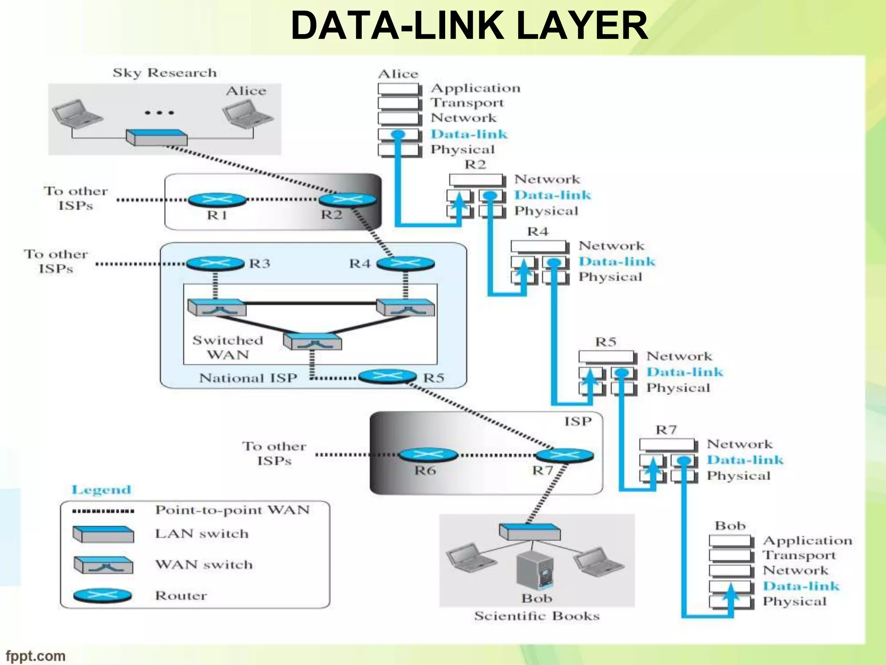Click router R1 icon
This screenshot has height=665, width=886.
pos(217,200)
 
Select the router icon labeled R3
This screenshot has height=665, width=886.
pos(215,264)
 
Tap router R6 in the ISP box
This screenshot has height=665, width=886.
pos(427,455)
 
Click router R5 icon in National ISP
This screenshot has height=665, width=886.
pos(387,376)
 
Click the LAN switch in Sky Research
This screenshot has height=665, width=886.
pos(157,138)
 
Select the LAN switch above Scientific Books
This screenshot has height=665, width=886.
pos(530,532)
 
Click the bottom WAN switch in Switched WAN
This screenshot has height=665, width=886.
pos(312,342)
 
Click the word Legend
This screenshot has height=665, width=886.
pos(101,490)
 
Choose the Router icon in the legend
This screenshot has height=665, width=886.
pos(103,596)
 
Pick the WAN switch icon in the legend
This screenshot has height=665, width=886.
pos(103,565)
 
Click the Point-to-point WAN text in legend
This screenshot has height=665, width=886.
pos(232,510)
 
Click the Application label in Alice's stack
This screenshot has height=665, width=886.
pos(475,88)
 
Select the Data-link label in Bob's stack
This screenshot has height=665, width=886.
pos(801,586)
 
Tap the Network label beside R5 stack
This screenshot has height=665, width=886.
pos(679,356)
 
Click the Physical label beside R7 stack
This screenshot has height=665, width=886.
pos(738,476)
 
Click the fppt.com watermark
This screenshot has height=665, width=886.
pos(35,656)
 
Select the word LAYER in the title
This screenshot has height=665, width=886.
pos(582,26)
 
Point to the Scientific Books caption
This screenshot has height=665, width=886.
pos(537,616)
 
